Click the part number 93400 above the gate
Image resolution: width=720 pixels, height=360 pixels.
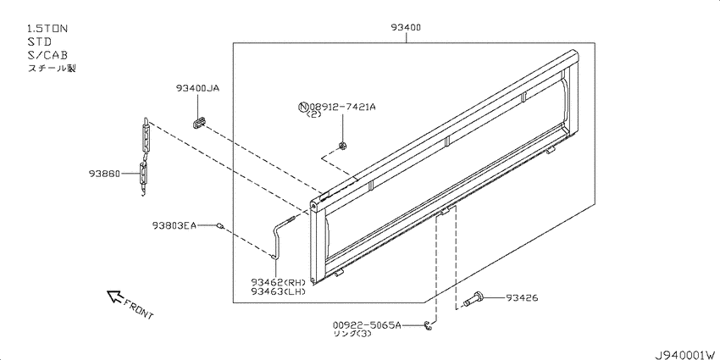pyautogui.click(x=406, y=27)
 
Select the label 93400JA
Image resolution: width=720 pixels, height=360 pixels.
pyautogui.click(x=197, y=88)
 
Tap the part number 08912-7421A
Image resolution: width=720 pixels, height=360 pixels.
pyautogui.click(x=341, y=107)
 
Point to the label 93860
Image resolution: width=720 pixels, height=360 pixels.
pyautogui.click(x=105, y=174)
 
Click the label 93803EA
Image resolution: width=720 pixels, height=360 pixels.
pyautogui.click(x=174, y=225)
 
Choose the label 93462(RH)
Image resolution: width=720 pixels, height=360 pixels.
pyautogui.click(x=279, y=282)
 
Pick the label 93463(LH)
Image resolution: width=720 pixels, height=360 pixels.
pyautogui.click(x=279, y=291)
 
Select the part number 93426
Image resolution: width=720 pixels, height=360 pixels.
pyautogui.click(x=522, y=298)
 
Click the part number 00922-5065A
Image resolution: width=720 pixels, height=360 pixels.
pyautogui.click(x=367, y=325)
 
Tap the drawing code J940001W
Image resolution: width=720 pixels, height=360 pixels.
pyautogui.click(x=686, y=355)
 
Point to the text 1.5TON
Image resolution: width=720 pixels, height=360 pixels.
pyautogui.click(x=47, y=29)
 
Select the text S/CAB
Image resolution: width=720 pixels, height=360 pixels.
pyautogui.click(x=47, y=55)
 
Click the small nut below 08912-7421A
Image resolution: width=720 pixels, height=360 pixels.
pyautogui.click(x=342, y=146)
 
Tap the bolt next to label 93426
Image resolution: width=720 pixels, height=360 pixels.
pyautogui.click(x=474, y=299)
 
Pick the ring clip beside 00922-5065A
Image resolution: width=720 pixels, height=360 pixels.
pyautogui.click(x=428, y=325)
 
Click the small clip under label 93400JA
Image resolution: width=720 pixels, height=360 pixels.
pyautogui.click(x=198, y=123)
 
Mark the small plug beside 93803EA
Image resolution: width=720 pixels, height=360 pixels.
pyautogui.click(x=221, y=226)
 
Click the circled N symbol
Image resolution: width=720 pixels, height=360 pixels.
pyautogui.click(x=302, y=108)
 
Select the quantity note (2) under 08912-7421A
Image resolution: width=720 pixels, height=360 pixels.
pyautogui.click(x=314, y=115)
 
